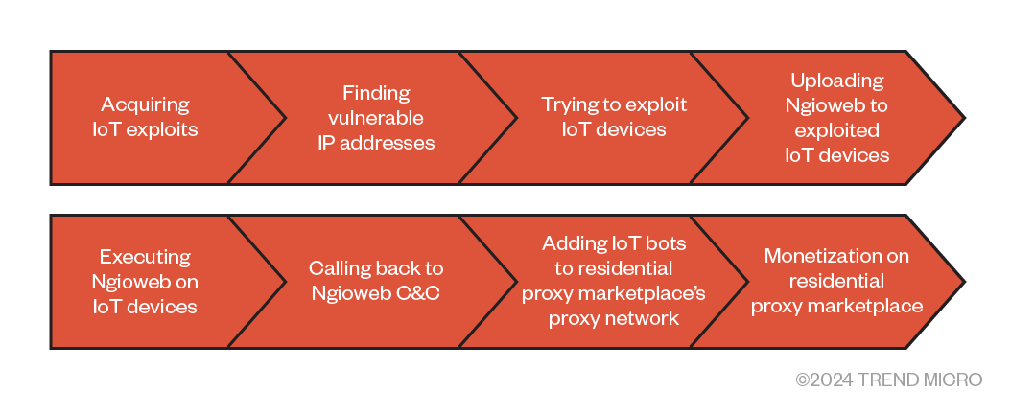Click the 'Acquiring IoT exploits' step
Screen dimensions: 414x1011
coord(145,117)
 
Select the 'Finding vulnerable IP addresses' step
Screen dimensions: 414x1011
coord(376,117)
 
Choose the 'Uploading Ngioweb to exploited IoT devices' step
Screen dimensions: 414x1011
coord(836,117)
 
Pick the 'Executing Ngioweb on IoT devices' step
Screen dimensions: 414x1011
coord(145,281)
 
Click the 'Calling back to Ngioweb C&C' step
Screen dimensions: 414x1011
coord(376,281)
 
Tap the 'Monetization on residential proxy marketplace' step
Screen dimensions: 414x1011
coord(836,281)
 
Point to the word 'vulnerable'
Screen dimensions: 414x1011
coord(376,118)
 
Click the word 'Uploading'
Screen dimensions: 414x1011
coord(837,80)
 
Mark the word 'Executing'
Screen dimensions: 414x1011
coord(146,257)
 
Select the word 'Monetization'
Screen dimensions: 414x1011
coord(837,256)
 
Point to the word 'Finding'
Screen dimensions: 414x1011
coord(376,93)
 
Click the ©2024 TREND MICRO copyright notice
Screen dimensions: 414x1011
coord(888,380)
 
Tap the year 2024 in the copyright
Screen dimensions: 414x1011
coord(830,380)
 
